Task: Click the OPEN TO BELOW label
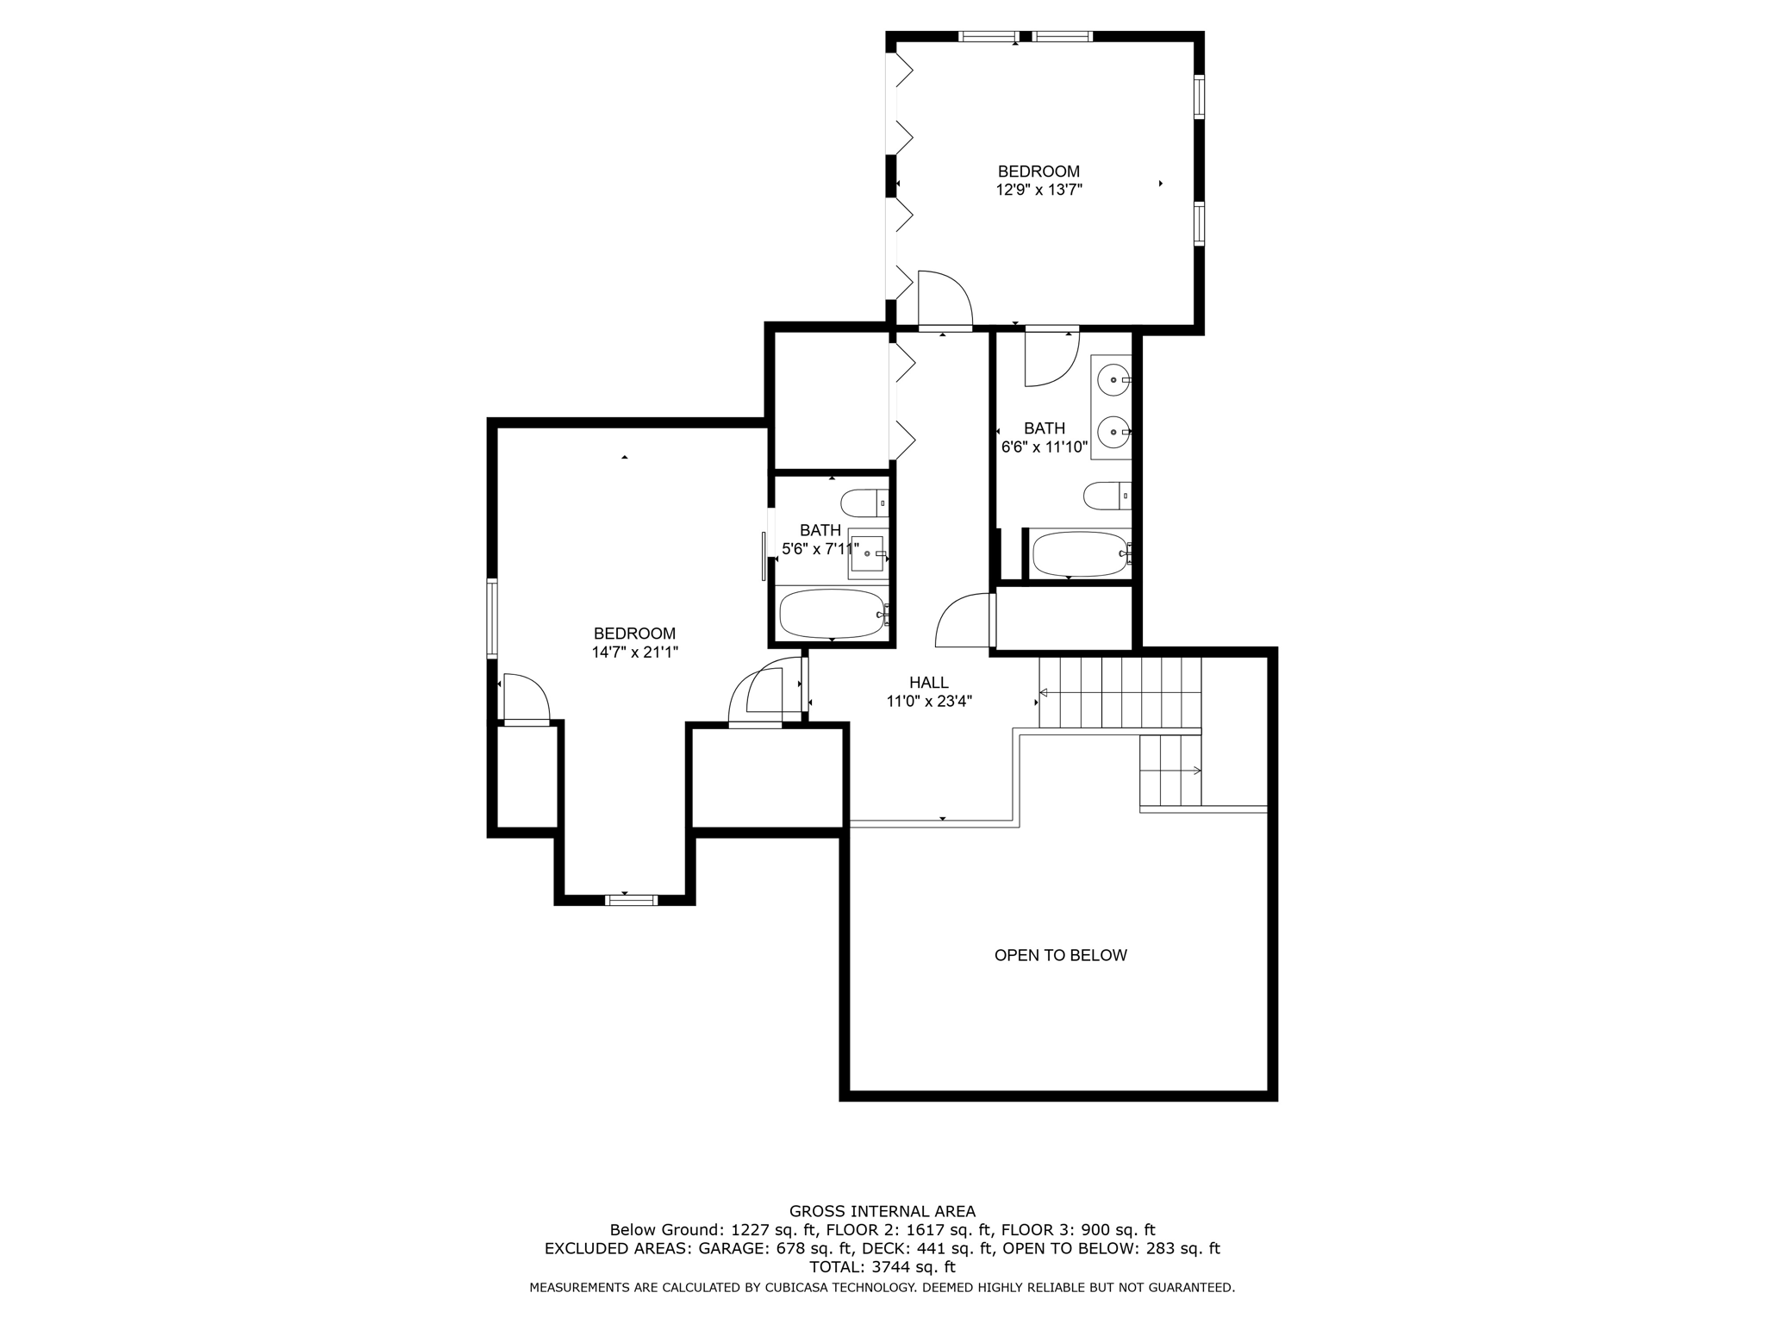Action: coord(1060,955)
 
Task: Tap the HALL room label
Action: coord(928,683)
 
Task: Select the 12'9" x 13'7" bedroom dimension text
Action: coord(1038,190)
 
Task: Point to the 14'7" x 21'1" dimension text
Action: coord(634,653)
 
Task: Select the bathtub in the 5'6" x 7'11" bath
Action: coord(832,613)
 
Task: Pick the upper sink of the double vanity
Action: coord(1113,379)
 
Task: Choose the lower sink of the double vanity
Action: coord(1113,431)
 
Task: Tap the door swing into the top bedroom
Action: coord(945,300)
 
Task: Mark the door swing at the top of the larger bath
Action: coord(1051,359)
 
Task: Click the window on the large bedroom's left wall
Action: coord(492,619)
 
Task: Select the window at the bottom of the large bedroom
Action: coord(631,900)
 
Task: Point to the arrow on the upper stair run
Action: coord(1044,692)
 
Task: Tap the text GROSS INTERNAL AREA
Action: coord(882,1211)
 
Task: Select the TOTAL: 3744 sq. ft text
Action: coord(882,1267)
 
